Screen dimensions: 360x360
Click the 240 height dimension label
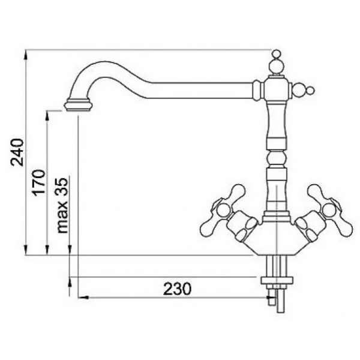pyautogui.click(x=17, y=152)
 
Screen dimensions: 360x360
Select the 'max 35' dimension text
pyautogui.click(x=62, y=205)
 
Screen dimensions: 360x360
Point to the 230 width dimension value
pyautogui.click(x=177, y=289)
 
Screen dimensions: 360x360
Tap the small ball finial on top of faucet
pyautogui.click(x=276, y=53)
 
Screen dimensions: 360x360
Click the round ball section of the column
pyautogui.click(x=277, y=158)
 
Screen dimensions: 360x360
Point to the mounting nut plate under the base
pyautogui.click(x=277, y=280)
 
